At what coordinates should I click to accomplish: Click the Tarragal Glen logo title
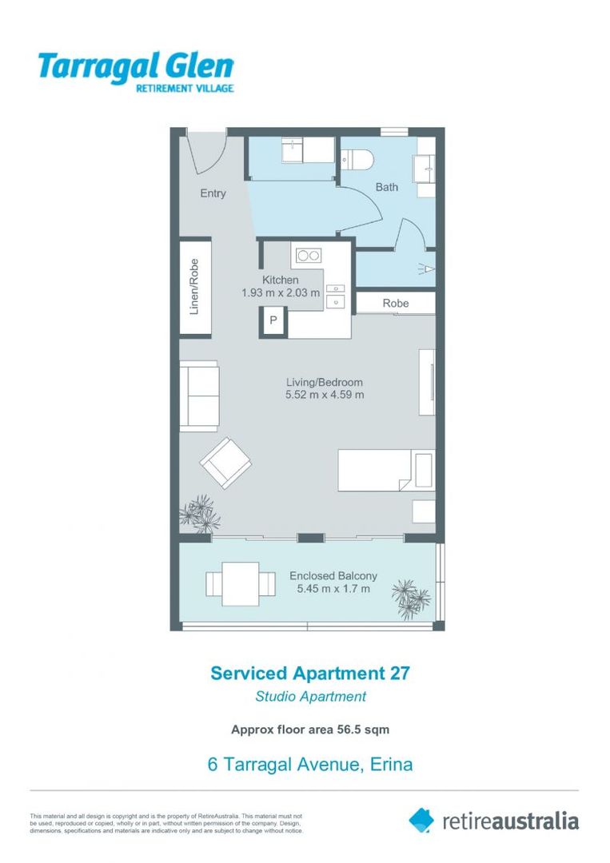coord(135,66)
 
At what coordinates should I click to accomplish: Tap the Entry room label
coord(213,193)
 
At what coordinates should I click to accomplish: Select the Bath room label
coord(387,187)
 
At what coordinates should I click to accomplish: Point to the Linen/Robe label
coord(193,286)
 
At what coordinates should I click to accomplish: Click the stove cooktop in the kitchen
coord(308,256)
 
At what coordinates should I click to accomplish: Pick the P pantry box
coord(273,321)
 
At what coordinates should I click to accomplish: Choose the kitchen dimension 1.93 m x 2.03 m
coord(281,293)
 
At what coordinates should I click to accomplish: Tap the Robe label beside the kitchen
coord(396,304)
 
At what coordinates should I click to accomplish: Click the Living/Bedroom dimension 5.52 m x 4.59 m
coord(325,395)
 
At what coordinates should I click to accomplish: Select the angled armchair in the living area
coord(227,463)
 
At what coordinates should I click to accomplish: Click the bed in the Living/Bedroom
coord(385,471)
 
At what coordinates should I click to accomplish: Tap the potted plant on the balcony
coord(410,599)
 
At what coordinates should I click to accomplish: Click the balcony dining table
coord(233,584)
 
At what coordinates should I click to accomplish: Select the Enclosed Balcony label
coord(333,576)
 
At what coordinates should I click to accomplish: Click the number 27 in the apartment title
coord(400,673)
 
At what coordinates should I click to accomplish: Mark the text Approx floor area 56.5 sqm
coord(310,729)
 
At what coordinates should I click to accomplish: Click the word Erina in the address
coord(392,764)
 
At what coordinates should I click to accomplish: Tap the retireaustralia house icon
coord(421,820)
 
